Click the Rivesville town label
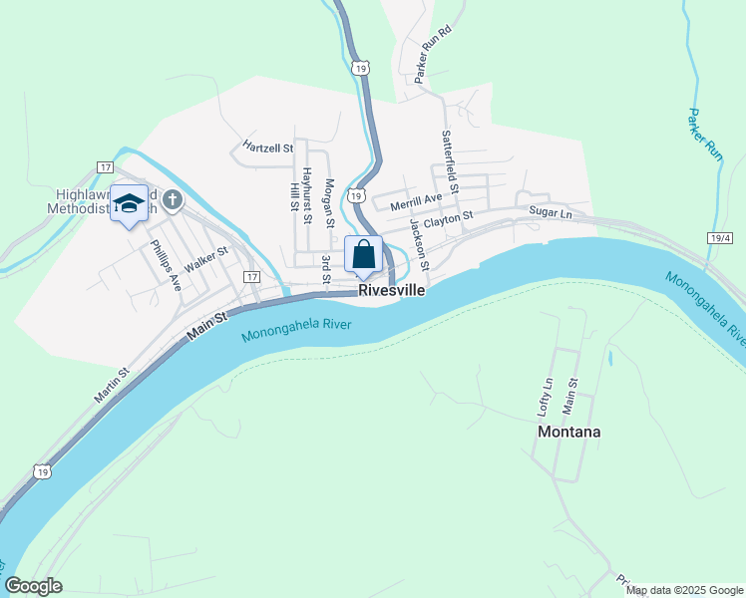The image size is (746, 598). (391, 290)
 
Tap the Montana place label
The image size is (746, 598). (568, 432)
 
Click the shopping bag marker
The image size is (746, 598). (363, 254)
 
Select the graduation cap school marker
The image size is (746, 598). (129, 204)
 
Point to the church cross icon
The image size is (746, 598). (172, 201)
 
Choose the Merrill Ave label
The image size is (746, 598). (416, 202)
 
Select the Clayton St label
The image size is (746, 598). (448, 218)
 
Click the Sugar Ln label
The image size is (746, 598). (551, 212)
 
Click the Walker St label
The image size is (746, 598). (206, 260)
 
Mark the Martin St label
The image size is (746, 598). (112, 386)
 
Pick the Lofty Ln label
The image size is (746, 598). (546, 397)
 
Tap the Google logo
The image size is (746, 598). (33, 586)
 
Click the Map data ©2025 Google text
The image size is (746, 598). (684, 590)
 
